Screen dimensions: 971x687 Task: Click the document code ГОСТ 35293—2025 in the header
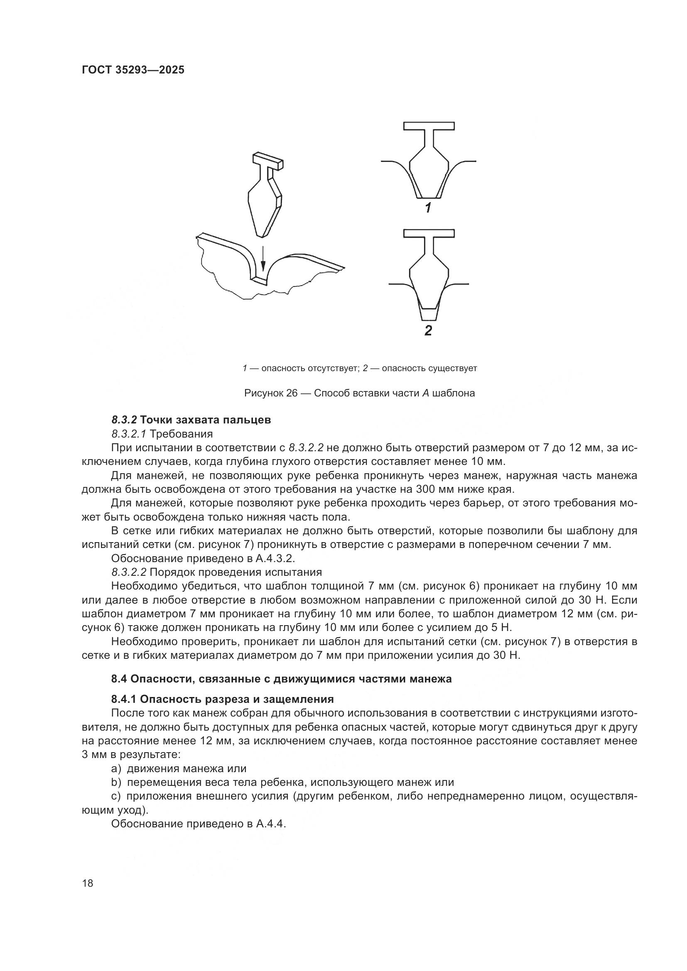tap(133, 70)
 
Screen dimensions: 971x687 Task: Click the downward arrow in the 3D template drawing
tap(263, 259)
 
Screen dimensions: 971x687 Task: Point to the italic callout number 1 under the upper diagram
tap(428, 208)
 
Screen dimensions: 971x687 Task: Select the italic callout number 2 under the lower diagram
tap(428, 330)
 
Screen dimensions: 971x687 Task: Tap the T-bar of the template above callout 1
tap(429, 126)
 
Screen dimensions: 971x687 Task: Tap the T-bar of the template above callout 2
tap(429, 233)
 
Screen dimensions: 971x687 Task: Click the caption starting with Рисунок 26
tap(360, 393)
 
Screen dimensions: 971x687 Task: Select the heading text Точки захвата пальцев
tap(205, 420)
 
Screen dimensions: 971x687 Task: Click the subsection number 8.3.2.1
tap(129, 434)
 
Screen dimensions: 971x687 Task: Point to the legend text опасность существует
tap(429, 368)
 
